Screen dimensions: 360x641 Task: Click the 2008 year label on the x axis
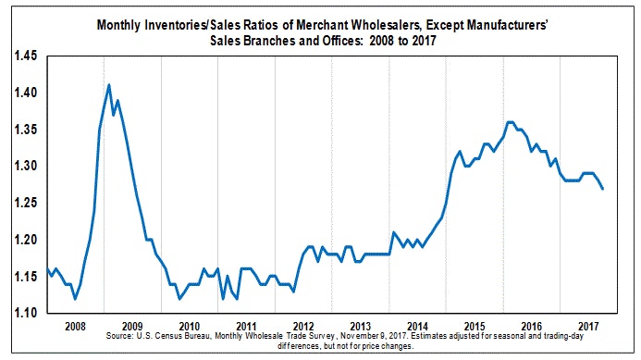coord(75,327)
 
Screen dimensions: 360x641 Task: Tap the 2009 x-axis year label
coord(132,327)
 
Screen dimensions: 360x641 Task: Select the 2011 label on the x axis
coord(246,327)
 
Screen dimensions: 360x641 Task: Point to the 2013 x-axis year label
coord(360,327)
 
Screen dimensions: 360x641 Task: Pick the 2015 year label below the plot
coord(475,327)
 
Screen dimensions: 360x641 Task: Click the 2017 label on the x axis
coord(588,327)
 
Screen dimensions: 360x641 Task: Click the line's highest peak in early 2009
coord(109,85)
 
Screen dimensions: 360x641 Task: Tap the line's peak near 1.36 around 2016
coord(510,121)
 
